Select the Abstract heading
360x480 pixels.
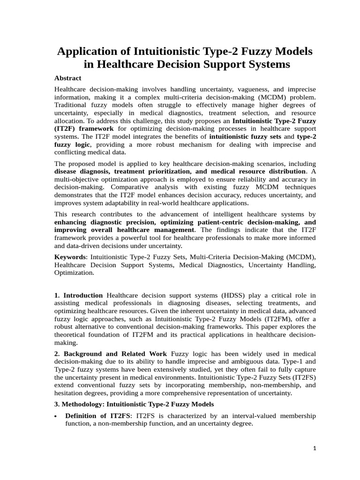coord(67,78)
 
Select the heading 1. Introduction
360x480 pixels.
coord(78,295)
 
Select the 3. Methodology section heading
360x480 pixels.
coord(134,404)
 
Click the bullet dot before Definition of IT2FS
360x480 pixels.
coord(56,417)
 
